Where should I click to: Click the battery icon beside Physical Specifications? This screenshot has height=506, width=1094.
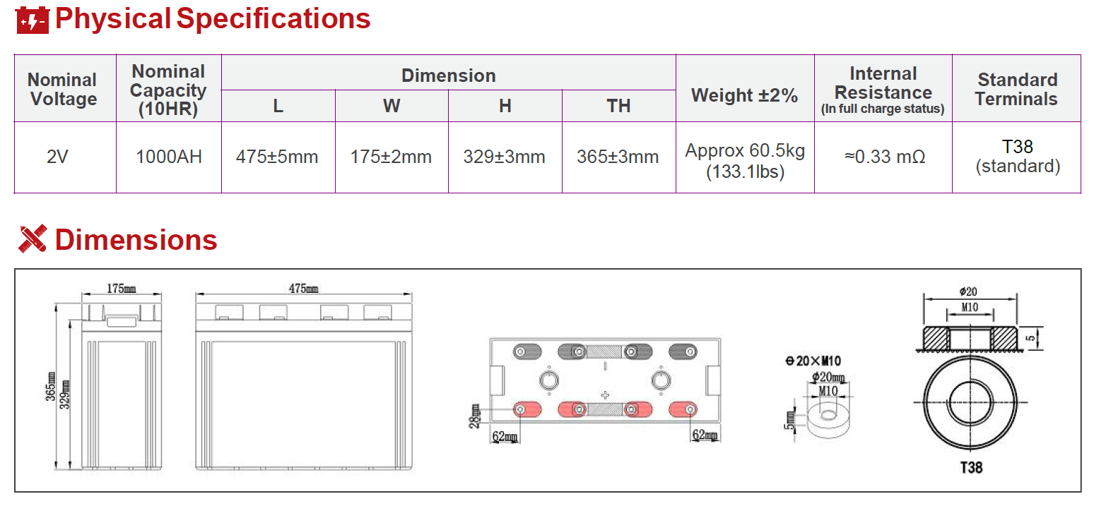pos(33,20)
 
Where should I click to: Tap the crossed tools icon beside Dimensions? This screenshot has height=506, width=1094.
pos(33,239)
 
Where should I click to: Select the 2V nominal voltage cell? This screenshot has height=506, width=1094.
pos(57,157)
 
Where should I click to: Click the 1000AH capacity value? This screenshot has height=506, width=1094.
pos(168,157)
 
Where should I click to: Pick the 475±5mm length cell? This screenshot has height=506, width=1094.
pos(277,157)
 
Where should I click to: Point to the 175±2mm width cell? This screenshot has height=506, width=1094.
pos(391,157)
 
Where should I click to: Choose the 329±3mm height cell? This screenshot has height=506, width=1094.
pos(504,157)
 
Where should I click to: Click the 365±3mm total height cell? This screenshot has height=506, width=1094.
pos(618,157)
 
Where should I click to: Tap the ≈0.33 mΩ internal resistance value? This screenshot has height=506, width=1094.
pos(885,157)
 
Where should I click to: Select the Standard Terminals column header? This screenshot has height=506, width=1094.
pos(1017,89)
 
